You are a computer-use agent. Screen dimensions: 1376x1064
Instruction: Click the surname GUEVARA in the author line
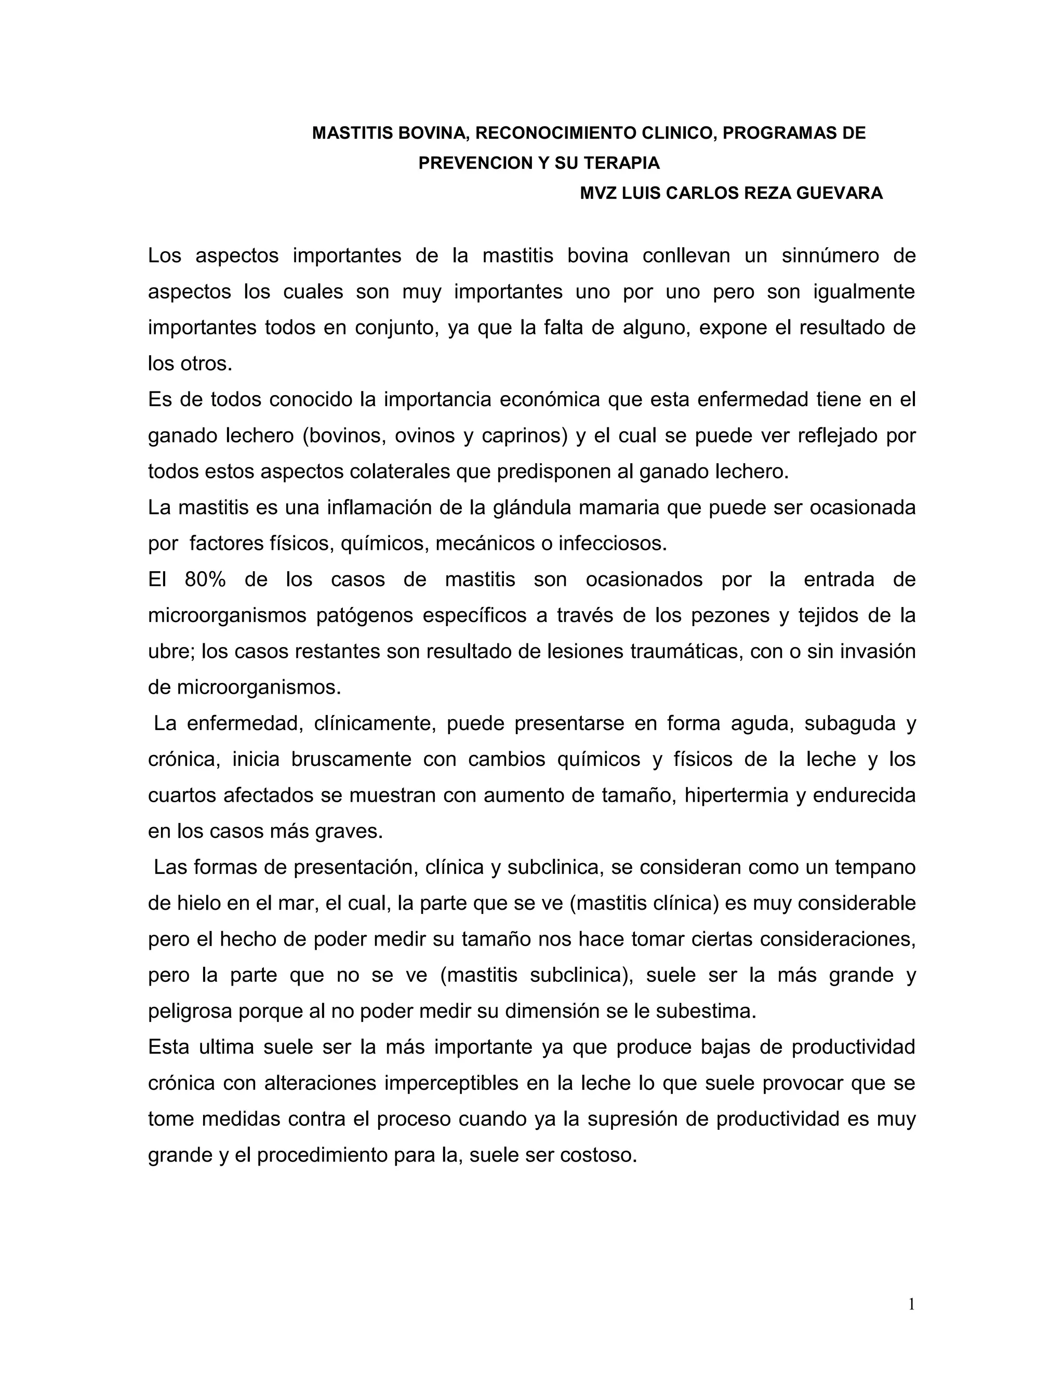[x=840, y=194]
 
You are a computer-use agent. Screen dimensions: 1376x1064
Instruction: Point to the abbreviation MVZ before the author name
[x=598, y=194]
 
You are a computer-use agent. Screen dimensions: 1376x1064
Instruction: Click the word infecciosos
[x=611, y=544]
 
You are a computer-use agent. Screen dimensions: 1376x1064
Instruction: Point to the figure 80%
[x=205, y=579]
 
